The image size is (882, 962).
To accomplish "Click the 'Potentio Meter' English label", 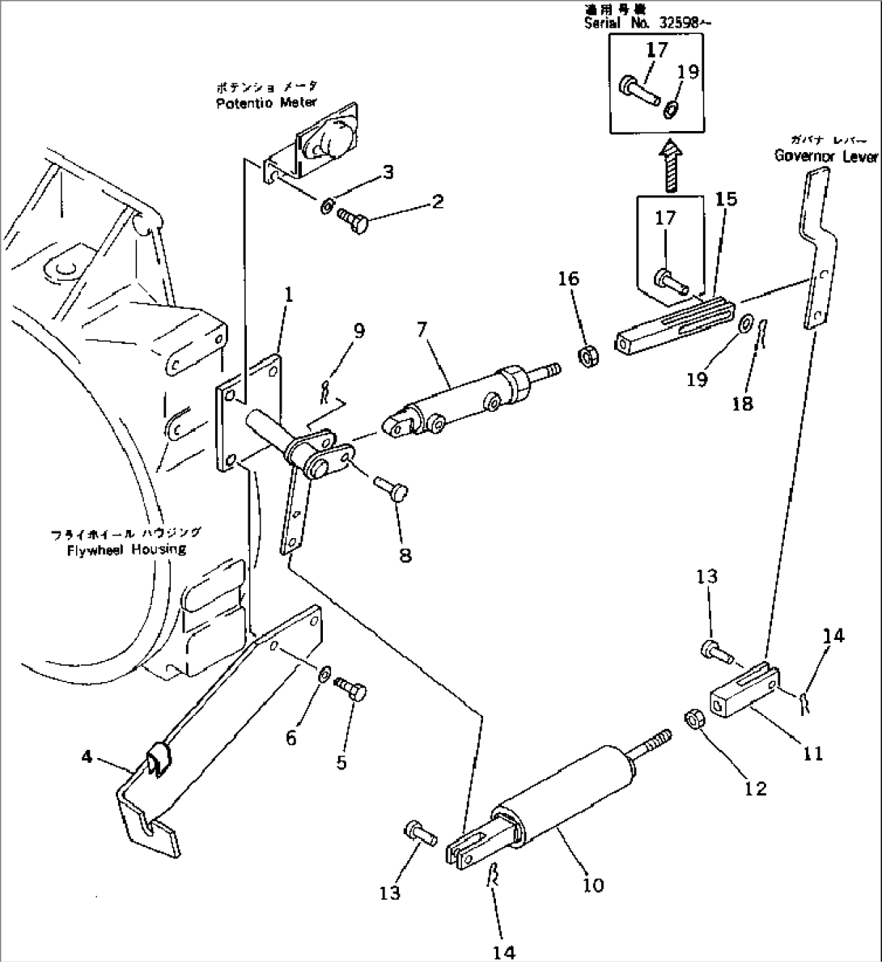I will (x=265, y=103).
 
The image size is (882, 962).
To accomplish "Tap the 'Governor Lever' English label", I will (x=825, y=156).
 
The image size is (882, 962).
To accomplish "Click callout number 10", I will (x=593, y=885).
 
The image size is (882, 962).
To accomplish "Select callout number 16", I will (x=568, y=279).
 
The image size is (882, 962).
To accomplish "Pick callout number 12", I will (x=755, y=787).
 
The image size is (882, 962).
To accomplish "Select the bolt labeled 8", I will (x=392, y=489).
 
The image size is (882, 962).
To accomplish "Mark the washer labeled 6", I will (x=324, y=672).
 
